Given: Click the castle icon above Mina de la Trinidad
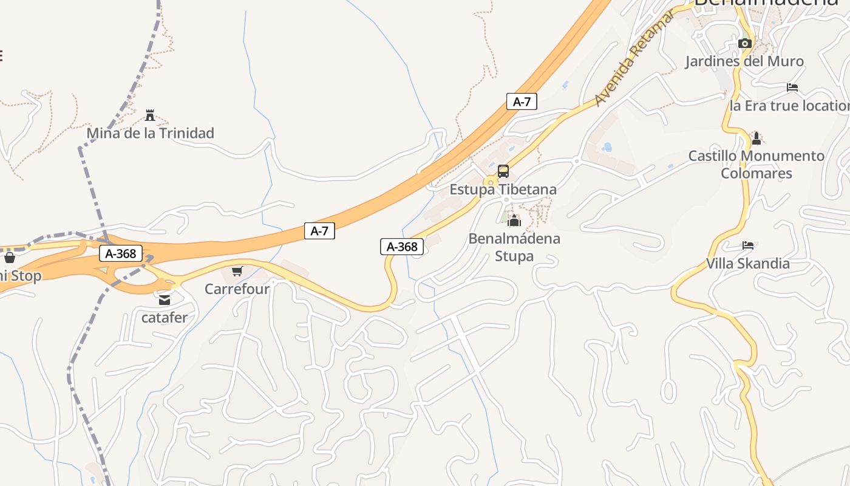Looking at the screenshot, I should point(150,115).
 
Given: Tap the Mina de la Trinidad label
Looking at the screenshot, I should point(150,133).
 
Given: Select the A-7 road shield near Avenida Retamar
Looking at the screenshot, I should point(522,101).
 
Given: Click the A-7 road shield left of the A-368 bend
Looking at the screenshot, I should point(319,231).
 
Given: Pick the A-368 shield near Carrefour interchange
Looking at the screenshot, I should point(121,253).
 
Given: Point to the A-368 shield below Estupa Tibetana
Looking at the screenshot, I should point(402,246).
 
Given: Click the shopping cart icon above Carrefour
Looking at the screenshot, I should point(237,271).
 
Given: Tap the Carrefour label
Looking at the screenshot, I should point(237,289).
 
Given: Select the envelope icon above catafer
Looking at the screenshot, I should point(165,299).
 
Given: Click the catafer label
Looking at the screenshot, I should point(165,317).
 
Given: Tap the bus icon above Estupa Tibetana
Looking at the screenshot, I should point(503,171).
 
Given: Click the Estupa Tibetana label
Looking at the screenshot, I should point(503,190).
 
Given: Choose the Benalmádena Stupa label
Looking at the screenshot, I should point(514,247).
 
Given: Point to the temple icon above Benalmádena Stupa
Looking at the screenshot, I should point(514,221).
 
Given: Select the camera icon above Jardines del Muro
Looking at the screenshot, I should point(744,43).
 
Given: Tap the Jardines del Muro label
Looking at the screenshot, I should point(744,61).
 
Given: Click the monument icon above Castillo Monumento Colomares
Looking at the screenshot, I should point(756,138).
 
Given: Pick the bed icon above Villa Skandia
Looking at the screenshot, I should point(747,245).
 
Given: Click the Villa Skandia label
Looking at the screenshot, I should point(747,264).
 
